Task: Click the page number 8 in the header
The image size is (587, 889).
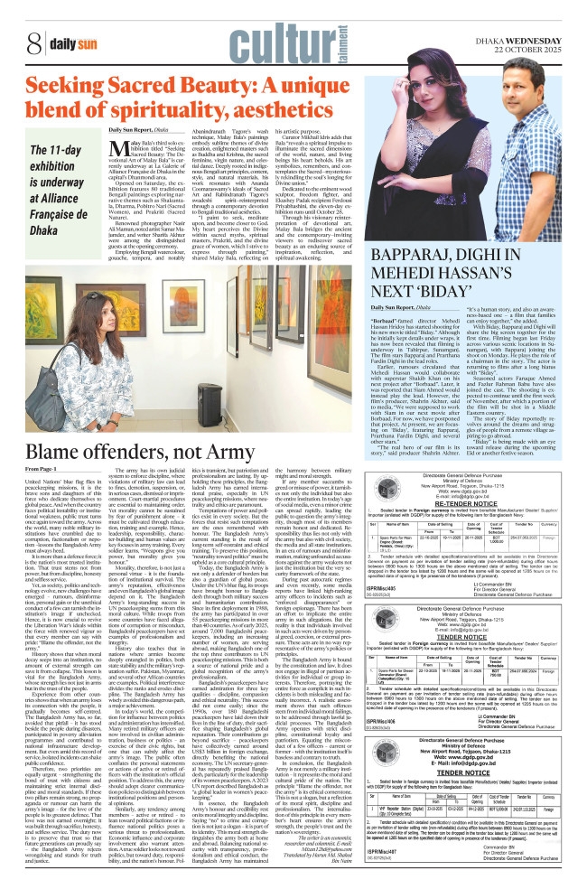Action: [33, 41]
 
